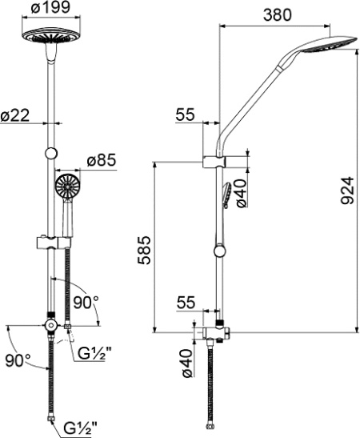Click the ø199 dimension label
tap(50, 7)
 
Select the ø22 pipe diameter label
tap(14, 115)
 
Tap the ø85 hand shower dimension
tap(101, 161)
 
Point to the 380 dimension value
tap(277, 15)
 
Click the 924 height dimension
tap(347, 191)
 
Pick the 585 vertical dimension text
tap(144, 251)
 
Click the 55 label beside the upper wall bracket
tap(185, 115)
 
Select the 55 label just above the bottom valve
tap(186, 302)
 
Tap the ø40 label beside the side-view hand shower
tap(241, 193)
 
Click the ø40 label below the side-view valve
tap(187, 363)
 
